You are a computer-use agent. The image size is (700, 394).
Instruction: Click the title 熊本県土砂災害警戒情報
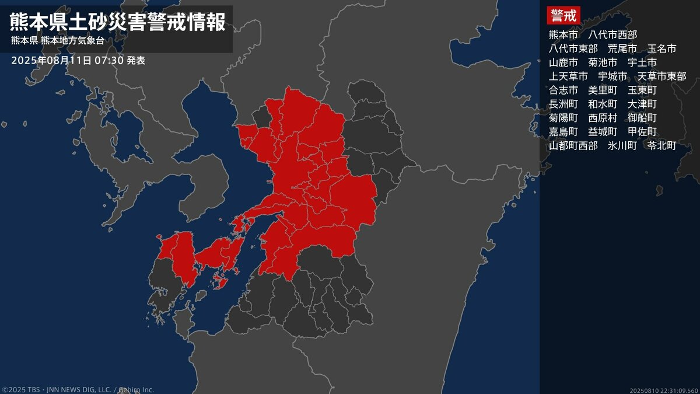point(117,22)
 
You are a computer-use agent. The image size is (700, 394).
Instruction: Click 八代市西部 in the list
point(612,34)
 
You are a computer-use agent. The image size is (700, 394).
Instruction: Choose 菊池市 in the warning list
point(603,62)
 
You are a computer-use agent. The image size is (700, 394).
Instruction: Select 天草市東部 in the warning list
point(662,76)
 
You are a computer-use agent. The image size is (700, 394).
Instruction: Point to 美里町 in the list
point(603,90)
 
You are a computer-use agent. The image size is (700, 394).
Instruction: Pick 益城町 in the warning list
point(603,132)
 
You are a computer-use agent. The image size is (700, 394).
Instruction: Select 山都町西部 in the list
point(573,146)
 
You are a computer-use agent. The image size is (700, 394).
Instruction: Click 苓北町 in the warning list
point(661,146)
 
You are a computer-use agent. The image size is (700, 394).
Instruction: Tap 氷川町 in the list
point(622,146)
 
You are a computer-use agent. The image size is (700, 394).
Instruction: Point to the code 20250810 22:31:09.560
point(663,390)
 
